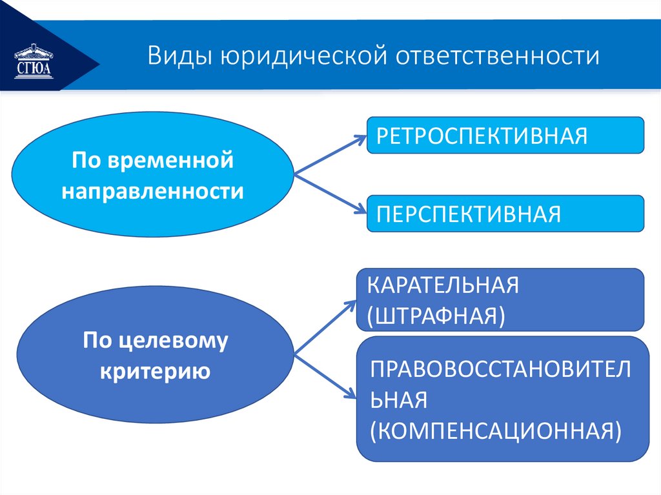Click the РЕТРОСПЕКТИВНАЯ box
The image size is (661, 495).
505,135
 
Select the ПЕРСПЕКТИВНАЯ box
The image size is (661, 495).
505,213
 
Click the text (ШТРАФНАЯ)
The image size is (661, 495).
436,316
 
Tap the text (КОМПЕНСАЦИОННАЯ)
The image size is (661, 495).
496,430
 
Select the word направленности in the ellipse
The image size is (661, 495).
153,191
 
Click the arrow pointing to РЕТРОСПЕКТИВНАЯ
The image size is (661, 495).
329,154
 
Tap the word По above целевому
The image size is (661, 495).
96,340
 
